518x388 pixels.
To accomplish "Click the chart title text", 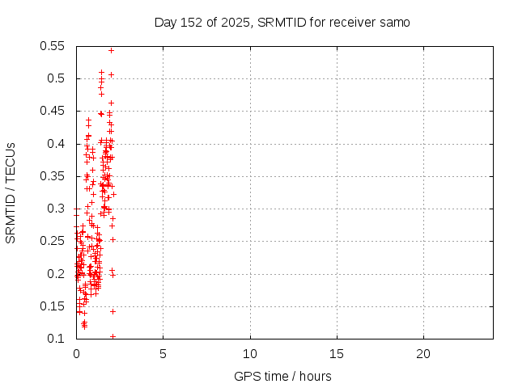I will point(282,23).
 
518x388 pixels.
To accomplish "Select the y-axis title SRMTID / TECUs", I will point(11,192).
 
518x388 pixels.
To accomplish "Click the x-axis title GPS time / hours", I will point(282,376).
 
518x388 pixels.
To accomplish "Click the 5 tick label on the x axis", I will point(163,354).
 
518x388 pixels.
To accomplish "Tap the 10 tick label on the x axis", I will point(250,354).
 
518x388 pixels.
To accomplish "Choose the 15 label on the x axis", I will point(337,354).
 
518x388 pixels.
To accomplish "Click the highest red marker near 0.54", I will point(111,50).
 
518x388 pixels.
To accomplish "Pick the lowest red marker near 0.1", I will point(113,336).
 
